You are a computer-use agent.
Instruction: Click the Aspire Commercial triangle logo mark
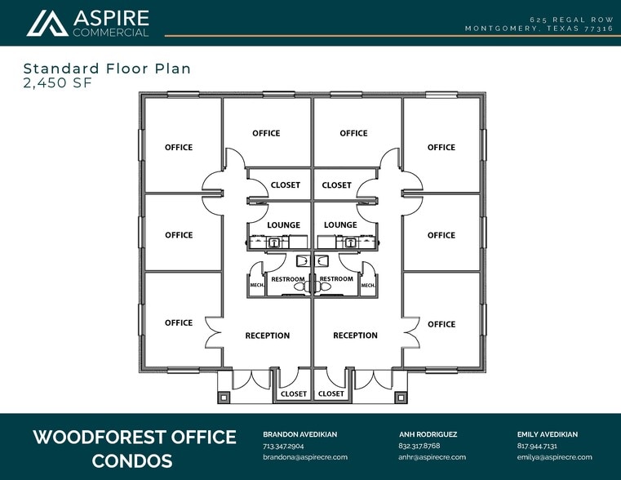(x=47, y=24)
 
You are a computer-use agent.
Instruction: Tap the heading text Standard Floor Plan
(x=107, y=69)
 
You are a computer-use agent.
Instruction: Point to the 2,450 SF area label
(x=58, y=83)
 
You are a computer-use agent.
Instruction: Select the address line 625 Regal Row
(x=571, y=20)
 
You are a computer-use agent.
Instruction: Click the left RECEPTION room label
(x=268, y=336)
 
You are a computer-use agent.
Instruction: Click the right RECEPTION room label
(x=355, y=336)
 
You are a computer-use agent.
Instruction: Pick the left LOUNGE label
(x=283, y=225)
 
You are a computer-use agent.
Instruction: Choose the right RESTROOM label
(x=336, y=279)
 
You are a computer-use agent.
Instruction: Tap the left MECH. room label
(x=257, y=285)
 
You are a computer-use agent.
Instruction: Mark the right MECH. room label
(x=368, y=285)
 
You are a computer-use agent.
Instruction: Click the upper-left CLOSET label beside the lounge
(x=286, y=185)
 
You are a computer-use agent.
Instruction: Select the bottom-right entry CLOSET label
(x=331, y=393)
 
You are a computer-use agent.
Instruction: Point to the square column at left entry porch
(x=224, y=398)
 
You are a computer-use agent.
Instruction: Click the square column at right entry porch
(x=401, y=398)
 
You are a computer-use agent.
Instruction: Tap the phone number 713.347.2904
(x=283, y=446)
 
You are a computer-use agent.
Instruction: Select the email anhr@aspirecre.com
(x=432, y=457)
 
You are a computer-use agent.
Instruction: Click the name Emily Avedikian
(x=548, y=434)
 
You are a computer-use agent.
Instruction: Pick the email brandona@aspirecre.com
(x=305, y=457)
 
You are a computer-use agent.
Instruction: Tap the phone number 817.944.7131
(x=537, y=446)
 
